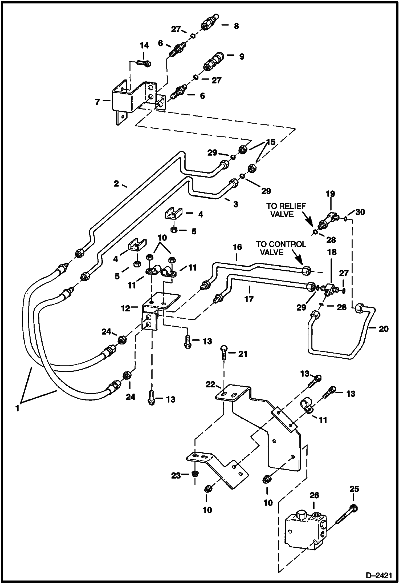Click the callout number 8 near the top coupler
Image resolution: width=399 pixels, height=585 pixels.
pos(236,26)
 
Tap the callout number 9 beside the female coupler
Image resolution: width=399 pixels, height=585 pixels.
pos(241,57)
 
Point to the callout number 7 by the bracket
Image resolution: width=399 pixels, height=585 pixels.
pos(98,102)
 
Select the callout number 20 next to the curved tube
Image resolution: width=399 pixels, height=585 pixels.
pos(383,329)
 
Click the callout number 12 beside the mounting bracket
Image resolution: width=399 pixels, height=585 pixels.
pos(125,308)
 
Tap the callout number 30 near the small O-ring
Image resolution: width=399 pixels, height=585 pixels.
pos(360,212)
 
